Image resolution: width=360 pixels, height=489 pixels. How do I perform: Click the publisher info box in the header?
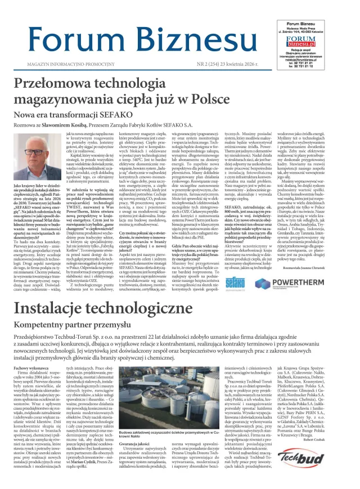point(314,43)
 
